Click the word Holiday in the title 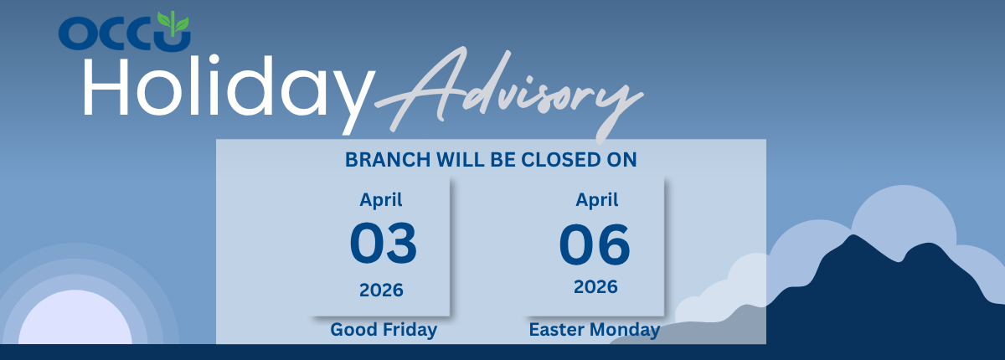click(x=229, y=90)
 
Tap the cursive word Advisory click(x=509, y=94)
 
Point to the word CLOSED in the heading click(x=560, y=160)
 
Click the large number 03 click(x=384, y=244)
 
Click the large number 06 click(x=595, y=244)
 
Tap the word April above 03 click(x=381, y=200)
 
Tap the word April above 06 click(x=596, y=200)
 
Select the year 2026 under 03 click(x=381, y=291)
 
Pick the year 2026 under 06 click(x=595, y=287)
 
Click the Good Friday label click(x=384, y=330)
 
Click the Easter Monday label click(x=595, y=330)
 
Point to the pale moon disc click(x=75, y=318)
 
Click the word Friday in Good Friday click(x=410, y=330)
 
